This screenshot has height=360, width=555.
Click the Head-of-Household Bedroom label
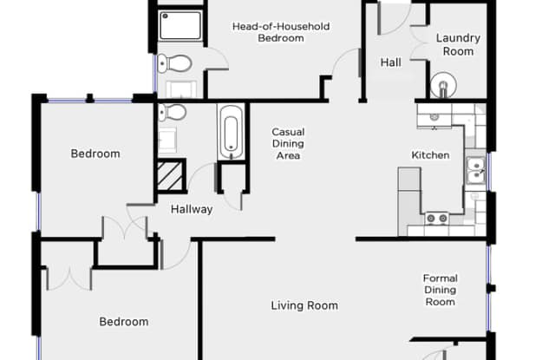[281, 32]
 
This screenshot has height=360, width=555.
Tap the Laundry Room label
[458, 44]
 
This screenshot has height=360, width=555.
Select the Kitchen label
[430, 155]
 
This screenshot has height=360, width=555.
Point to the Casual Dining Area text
[288, 144]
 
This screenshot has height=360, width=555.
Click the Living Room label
[304, 305]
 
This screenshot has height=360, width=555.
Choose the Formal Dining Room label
[441, 290]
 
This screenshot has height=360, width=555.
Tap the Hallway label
[192, 209]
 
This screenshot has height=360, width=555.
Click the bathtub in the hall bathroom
[232, 133]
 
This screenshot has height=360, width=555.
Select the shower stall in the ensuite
[180, 25]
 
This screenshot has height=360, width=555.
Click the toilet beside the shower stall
[174, 63]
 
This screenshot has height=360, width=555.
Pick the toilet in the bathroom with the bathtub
[172, 113]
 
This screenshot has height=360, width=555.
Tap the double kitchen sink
[475, 170]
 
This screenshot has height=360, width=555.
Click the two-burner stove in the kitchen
[437, 219]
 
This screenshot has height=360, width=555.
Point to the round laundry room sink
[443, 85]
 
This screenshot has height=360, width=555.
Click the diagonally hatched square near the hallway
[170, 176]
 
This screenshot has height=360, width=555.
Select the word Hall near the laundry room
[391, 62]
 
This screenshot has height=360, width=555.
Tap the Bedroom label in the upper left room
[95, 154]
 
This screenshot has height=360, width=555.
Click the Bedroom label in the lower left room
[123, 322]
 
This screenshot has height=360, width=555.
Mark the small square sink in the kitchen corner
[434, 117]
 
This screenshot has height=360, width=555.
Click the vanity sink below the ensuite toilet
[181, 89]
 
